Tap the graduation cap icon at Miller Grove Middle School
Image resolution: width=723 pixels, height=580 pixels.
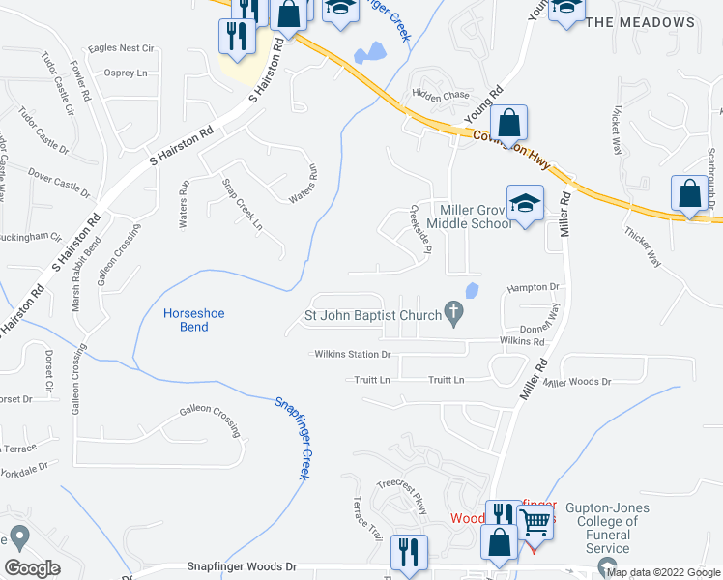coord(525,204)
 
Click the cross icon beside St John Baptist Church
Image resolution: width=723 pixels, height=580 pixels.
coord(451,312)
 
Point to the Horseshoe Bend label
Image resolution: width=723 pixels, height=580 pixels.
coord(187,320)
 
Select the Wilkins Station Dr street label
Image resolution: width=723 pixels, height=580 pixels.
coord(352,355)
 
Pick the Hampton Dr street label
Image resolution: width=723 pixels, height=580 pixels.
coord(534,288)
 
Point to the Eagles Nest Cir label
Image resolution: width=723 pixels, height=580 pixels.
coord(121,47)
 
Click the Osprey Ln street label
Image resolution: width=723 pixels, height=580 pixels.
coord(129,72)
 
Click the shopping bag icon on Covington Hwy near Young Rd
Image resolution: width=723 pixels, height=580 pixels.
coord(507,124)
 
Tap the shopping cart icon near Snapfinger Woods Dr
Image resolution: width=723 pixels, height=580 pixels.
coord(534,523)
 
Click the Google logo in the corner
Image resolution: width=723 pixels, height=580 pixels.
coord(32,567)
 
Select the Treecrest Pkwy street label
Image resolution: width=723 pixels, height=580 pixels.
coord(401,493)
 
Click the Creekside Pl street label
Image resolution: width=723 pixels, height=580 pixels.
coord(419,229)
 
